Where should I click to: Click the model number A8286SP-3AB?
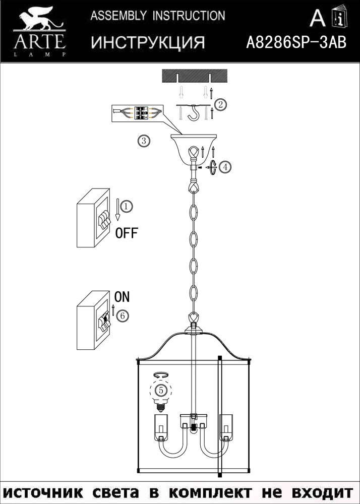click(296, 42)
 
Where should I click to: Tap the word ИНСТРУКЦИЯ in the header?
click(148, 42)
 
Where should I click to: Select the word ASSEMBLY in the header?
click(118, 16)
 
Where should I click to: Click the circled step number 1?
click(127, 206)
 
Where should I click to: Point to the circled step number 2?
click(220, 105)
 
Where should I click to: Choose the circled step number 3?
click(144, 141)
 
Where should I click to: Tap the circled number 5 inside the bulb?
click(161, 390)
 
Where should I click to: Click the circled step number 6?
click(122, 316)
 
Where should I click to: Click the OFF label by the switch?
click(127, 233)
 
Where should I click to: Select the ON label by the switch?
click(122, 297)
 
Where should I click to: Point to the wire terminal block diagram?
click(137, 113)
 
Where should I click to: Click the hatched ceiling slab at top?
click(195, 76)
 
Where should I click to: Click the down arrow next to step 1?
click(117, 210)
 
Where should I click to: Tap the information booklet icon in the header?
click(340, 17)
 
